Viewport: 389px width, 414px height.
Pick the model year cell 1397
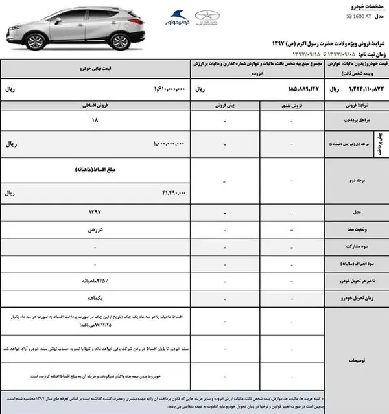click(97, 213)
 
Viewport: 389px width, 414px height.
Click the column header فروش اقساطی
click(98, 104)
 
